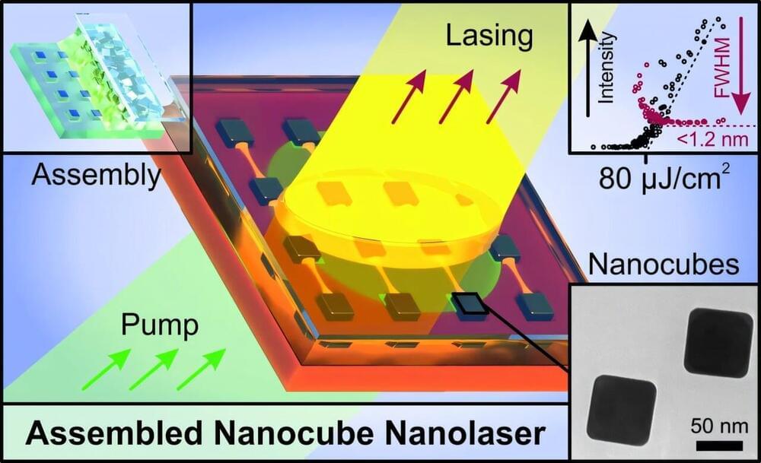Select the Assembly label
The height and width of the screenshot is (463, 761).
97,176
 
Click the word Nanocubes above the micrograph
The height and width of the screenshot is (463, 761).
665,265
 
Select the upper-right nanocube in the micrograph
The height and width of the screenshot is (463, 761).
717,342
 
